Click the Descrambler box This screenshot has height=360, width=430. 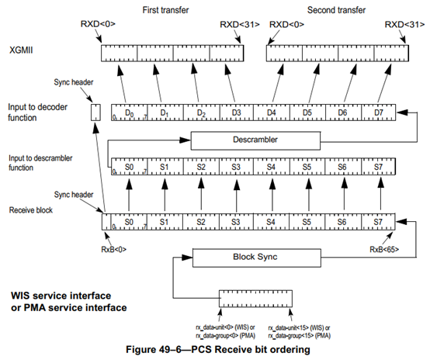(x=255, y=140)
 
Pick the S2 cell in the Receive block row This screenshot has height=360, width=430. (x=201, y=221)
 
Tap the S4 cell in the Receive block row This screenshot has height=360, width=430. (x=272, y=221)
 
